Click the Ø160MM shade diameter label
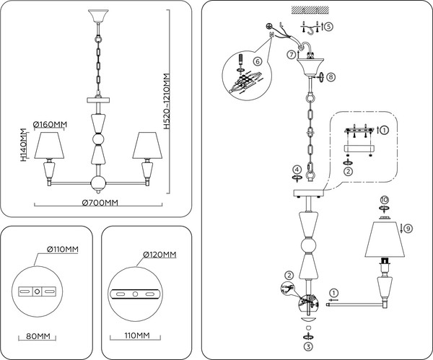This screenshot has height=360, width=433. (x=49, y=124)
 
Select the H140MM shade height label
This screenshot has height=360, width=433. (x=23, y=145)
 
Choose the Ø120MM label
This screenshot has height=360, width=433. (x=157, y=255)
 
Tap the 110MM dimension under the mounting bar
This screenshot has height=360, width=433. (x=129, y=336)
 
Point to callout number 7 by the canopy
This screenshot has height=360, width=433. (x=291, y=54)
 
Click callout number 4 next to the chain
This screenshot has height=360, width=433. (x=296, y=170)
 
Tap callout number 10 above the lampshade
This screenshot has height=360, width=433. (x=384, y=199)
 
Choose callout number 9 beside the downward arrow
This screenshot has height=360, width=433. (x=408, y=228)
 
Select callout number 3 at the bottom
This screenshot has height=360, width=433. (x=309, y=347)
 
